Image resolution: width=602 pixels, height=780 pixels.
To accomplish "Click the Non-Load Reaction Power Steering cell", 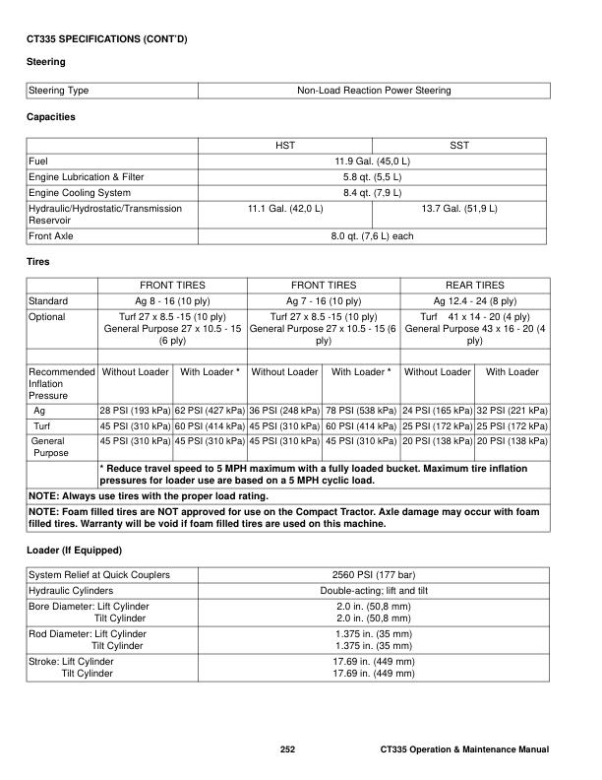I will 374,91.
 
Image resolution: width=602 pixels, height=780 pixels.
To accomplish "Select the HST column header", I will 285,145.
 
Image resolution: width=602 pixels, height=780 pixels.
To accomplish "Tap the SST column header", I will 458,145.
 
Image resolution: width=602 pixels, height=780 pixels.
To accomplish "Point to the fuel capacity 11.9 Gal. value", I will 374,161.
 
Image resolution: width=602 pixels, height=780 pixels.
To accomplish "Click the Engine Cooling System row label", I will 80,192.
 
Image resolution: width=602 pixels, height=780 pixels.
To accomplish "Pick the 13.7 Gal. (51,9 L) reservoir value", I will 458,209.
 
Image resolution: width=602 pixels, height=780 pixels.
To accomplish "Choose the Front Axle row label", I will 54,236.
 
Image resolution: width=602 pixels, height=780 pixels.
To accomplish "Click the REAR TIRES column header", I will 475,285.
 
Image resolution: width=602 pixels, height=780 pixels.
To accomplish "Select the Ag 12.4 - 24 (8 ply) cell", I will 475,300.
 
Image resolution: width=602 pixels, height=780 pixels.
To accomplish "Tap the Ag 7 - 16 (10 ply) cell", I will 324,300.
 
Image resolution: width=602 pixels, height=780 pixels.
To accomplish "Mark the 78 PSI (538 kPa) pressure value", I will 361,410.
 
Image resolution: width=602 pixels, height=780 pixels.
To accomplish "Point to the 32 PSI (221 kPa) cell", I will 512,410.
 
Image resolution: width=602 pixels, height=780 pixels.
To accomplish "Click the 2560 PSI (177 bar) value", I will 374,574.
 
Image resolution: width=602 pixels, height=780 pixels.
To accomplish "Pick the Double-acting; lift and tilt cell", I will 374,590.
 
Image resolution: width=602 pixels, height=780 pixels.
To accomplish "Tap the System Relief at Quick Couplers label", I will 99,574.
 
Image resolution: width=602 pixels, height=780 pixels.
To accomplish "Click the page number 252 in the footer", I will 287,751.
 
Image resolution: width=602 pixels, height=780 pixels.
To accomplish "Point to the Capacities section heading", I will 51,117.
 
